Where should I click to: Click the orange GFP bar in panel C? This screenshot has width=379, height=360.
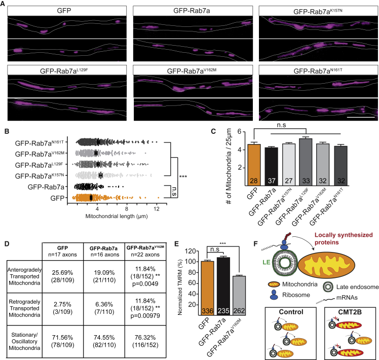click(254, 165)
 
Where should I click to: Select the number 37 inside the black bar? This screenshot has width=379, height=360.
click(272, 181)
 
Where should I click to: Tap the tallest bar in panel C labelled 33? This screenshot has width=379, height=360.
click(306, 162)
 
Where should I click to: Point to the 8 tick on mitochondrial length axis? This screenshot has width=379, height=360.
click(127, 209)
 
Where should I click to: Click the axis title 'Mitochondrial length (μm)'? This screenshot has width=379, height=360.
click(117, 216)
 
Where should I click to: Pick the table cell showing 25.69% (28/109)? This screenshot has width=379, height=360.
click(63, 276)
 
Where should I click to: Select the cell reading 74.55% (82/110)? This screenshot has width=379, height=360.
click(104, 341)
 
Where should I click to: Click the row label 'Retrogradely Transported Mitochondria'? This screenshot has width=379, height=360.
click(24, 308)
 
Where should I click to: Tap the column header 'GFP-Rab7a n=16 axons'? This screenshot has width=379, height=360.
click(104, 251)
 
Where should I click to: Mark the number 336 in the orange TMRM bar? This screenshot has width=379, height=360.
click(207, 311)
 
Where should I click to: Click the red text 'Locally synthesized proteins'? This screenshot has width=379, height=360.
click(344, 238)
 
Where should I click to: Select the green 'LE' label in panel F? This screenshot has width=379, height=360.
click(266, 262)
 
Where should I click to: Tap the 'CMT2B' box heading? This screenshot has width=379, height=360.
click(350, 312)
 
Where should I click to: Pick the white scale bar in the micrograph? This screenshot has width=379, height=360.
click(361, 117)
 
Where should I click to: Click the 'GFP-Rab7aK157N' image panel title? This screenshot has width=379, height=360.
click(318, 11)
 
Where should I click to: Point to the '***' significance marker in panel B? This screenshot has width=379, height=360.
click(183, 176)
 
